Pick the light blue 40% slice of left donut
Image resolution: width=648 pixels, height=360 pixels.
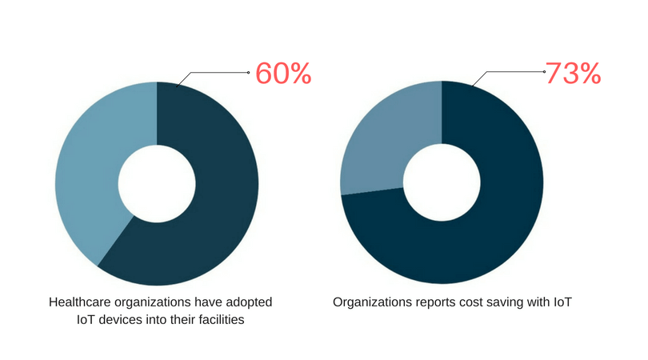point(88,176)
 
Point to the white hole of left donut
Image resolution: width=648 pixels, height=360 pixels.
point(157,183)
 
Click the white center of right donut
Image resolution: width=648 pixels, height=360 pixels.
point(442,183)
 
